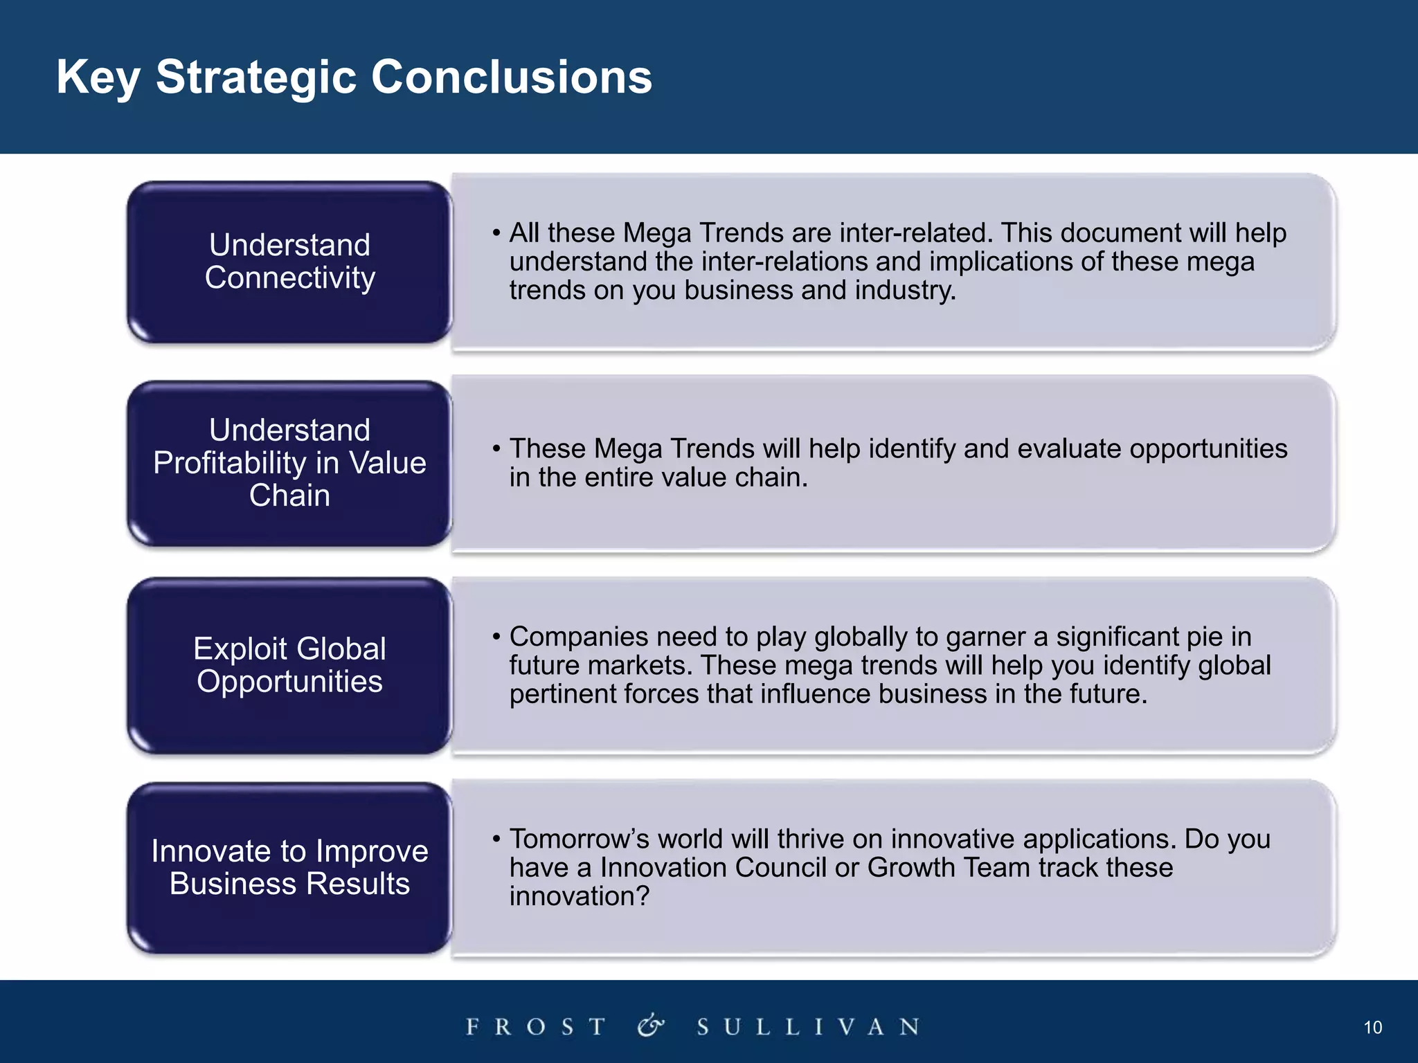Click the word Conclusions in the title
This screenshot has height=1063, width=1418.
[x=512, y=77]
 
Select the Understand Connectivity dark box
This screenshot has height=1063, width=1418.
[x=289, y=262]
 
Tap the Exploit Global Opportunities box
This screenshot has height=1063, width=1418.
[x=289, y=665]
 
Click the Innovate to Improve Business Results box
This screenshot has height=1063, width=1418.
[x=289, y=868]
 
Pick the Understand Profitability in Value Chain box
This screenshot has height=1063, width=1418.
[x=289, y=463]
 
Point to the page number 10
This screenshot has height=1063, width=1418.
[x=1372, y=1028]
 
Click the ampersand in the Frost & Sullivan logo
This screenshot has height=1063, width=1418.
[x=651, y=1026]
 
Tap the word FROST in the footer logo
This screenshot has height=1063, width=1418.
[x=537, y=1026]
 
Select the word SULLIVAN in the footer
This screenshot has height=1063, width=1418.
[x=809, y=1026]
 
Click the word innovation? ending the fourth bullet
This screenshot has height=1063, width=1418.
[x=580, y=897]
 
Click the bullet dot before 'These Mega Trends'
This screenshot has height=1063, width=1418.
[x=496, y=449]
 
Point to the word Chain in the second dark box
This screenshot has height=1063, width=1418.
[x=289, y=496]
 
